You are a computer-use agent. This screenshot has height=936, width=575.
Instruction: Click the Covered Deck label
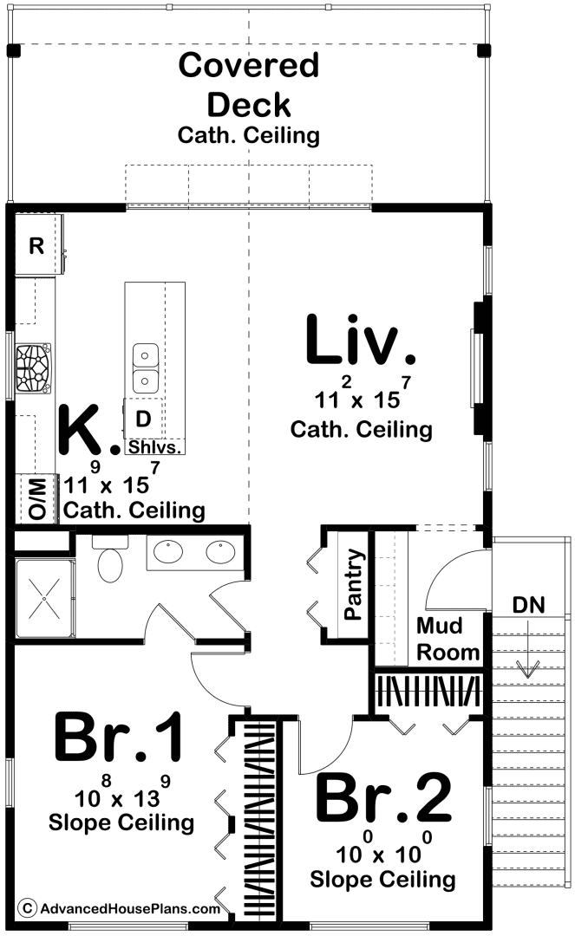click(x=249, y=85)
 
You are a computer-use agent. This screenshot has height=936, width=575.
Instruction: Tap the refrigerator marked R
click(x=38, y=244)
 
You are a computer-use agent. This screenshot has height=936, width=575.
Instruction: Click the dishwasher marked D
click(x=143, y=419)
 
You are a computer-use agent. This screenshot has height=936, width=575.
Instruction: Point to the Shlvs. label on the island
click(x=154, y=447)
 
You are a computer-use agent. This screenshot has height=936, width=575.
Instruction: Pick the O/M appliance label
click(x=36, y=498)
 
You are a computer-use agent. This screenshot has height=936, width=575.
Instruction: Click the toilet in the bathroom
click(x=110, y=560)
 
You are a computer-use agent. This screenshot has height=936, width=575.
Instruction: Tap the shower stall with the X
click(x=45, y=598)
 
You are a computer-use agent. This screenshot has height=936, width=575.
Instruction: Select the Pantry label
click(x=354, y=584)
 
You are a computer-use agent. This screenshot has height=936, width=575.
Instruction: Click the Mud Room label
click(x=448, y=639)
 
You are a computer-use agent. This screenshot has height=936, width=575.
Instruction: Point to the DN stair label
click(x=528, y=605)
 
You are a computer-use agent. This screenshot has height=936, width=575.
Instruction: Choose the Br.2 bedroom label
click(x=383, y=797)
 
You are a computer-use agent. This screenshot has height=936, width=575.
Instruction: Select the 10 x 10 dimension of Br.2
click(x=384, y=848)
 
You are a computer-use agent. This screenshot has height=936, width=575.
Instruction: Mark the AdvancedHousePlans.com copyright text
click(x=120, y=908)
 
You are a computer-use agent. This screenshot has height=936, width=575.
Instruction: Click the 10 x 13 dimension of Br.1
click(x=122, y=791)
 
